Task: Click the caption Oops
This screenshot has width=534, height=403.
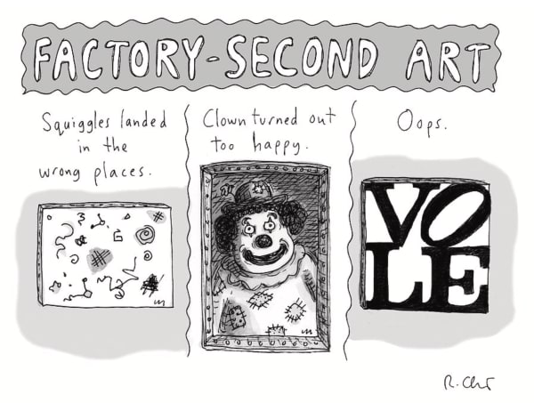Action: tap(418, 125)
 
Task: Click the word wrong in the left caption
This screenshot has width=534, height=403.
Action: tap(61, 170)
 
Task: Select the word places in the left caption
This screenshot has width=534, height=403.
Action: tap(120, 171)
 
